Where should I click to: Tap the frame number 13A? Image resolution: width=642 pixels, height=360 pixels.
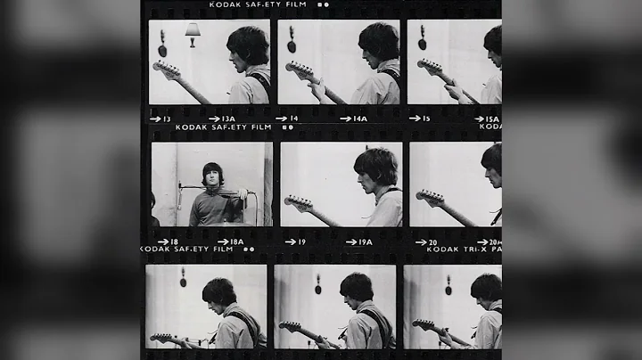pos(228,119)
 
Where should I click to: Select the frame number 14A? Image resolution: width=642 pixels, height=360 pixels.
pos(359,119)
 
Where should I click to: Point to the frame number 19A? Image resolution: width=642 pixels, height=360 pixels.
pos(365,241)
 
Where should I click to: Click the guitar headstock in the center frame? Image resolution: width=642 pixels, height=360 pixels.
pos(293,200)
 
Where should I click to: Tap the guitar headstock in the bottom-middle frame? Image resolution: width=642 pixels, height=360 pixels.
pos(289,327)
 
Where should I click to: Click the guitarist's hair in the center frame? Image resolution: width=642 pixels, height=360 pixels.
pos(374,163)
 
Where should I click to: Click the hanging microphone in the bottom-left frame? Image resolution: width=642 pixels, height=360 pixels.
pos(183,278)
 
